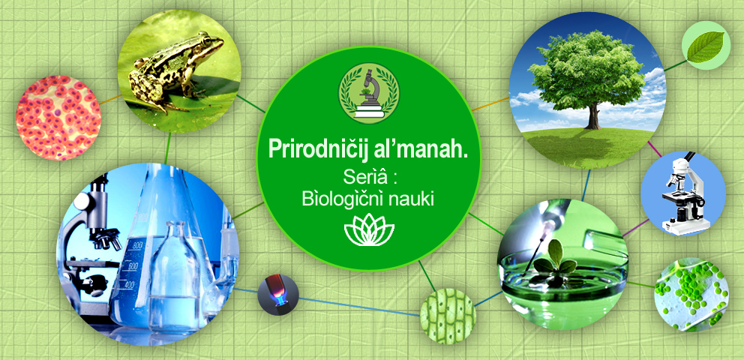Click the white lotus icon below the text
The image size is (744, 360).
click(x=369, y=229)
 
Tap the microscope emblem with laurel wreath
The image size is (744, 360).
click(x=369, y=94)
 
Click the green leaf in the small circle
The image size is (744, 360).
click(x=706, y=47)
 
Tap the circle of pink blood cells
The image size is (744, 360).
click(x=58, y=118)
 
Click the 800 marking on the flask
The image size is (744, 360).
click(x=137, y=245)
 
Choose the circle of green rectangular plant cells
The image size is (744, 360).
click(x=448, y=316)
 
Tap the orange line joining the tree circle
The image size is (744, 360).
click(x=490, y=103)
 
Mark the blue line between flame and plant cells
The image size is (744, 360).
click(x=359, y=307)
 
